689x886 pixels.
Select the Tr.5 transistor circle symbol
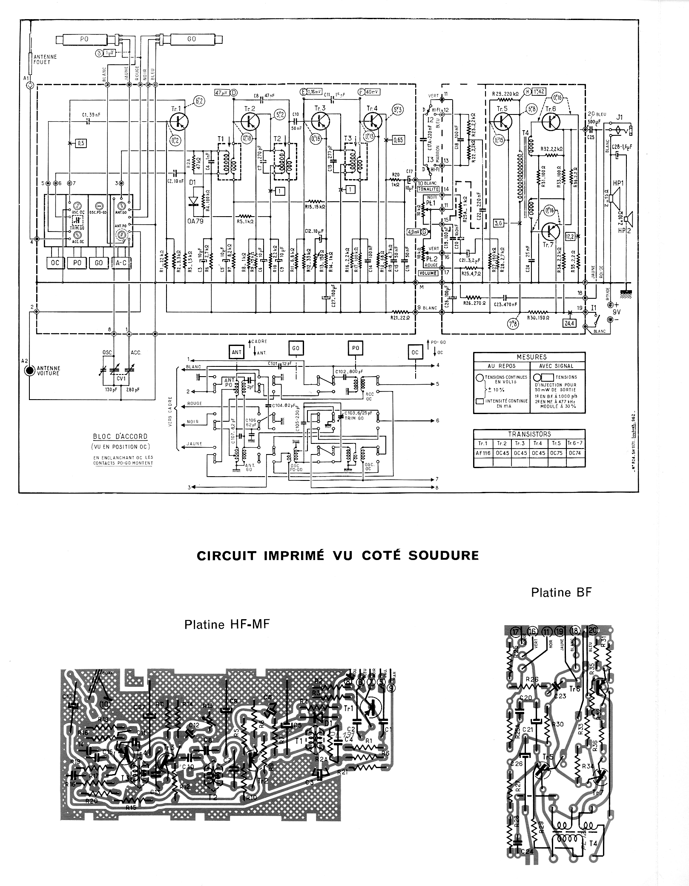pyautogui.click(x=502, y=121)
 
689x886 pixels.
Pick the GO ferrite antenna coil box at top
pyautogui.click(x=191, y=39)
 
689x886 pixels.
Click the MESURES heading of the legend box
pyautogui.click(x=531, y=357)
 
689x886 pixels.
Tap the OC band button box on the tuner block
pyautogui.click(x=55, y=263)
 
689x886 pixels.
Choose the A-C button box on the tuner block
pyautogui.click(x=121, y=263)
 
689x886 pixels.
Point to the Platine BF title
pyautogui.click(x=561, y=592)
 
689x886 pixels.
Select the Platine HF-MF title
pyautogui.click(x=227, y=625)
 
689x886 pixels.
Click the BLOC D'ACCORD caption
pyautogui.click(x=121, y=436)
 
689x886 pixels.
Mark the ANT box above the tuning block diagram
pyautogui.click(x=236, y=352)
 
